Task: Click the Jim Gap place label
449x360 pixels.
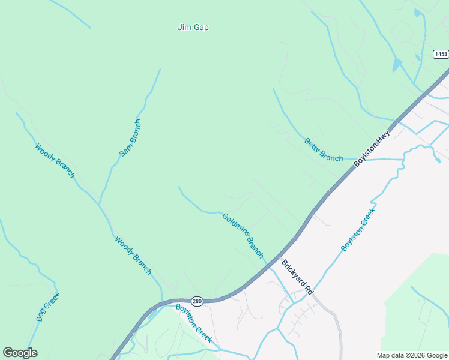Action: [x=193, y=27]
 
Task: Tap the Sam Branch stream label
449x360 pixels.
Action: [x=130, y=138]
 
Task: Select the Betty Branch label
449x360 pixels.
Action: [x=324, y=150]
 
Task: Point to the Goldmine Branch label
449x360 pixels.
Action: [x=243, y=236]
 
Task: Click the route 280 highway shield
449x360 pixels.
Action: [x=197, y=301]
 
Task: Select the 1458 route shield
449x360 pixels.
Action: [x=441, y=54]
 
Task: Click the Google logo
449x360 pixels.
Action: [x=20, y=353]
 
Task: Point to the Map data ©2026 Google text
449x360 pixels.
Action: [x=412, y=355]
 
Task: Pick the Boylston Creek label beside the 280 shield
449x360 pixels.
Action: [x=194, y=323]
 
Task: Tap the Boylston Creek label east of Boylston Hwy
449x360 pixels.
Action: [x=358, y=229]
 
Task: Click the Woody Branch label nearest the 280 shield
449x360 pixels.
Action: [x=133, y=256]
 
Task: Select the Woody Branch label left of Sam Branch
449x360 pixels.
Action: [x=55, y=160]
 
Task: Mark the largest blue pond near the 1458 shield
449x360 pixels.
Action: [x=397, y=64]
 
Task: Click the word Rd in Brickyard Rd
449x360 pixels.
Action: [x=309, y=289]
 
